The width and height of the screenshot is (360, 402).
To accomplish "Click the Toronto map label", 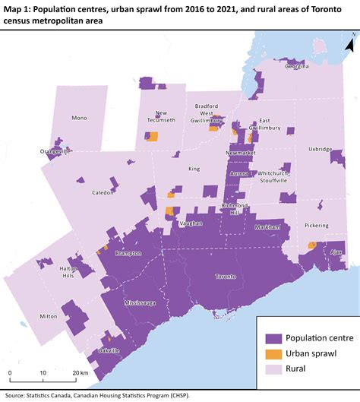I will click(x=225, y=277).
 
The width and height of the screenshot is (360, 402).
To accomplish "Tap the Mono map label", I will click(x=79, y=118).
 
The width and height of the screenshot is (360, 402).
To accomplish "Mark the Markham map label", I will click(x=267, y=227).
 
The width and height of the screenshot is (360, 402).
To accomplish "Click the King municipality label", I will click(x=194, y=169).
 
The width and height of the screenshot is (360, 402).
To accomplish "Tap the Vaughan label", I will click(x=191, y=223).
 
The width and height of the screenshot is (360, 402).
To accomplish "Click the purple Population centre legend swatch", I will click(x=273, y=338).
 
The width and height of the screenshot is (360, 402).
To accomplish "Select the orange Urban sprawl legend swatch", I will click(x=273, y=353).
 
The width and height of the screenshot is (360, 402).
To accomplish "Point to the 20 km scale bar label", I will click(x=80, y=373).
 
